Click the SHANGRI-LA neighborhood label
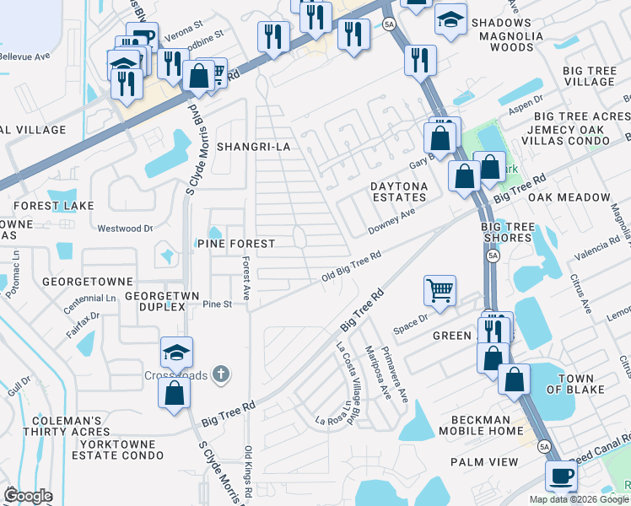(x=253, y=147)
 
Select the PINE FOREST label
(x=236, y=244)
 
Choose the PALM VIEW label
(x=484, y=462)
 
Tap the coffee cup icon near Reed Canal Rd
(x=561, y=476)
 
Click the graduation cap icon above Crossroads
(x=177, y=352)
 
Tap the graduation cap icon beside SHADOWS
(x=451, y=19)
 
